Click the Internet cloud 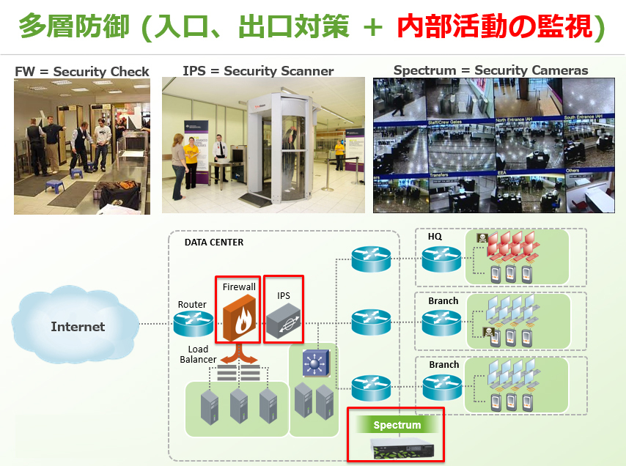(x=77, y=326)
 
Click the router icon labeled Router (x=193, y=323)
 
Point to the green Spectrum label (x=397, y=425)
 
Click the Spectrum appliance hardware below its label (x=396, y=448)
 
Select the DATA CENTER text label (x=213, y=243)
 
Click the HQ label (x=435, y=237)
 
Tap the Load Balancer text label (x=198, y=354)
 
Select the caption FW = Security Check (x=82, y=72)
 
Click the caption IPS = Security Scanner (x=258, y=71)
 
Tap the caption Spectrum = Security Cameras (x=490, y=70)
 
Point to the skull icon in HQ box (x=482, y=238)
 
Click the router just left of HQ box (x=441, y=259)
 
